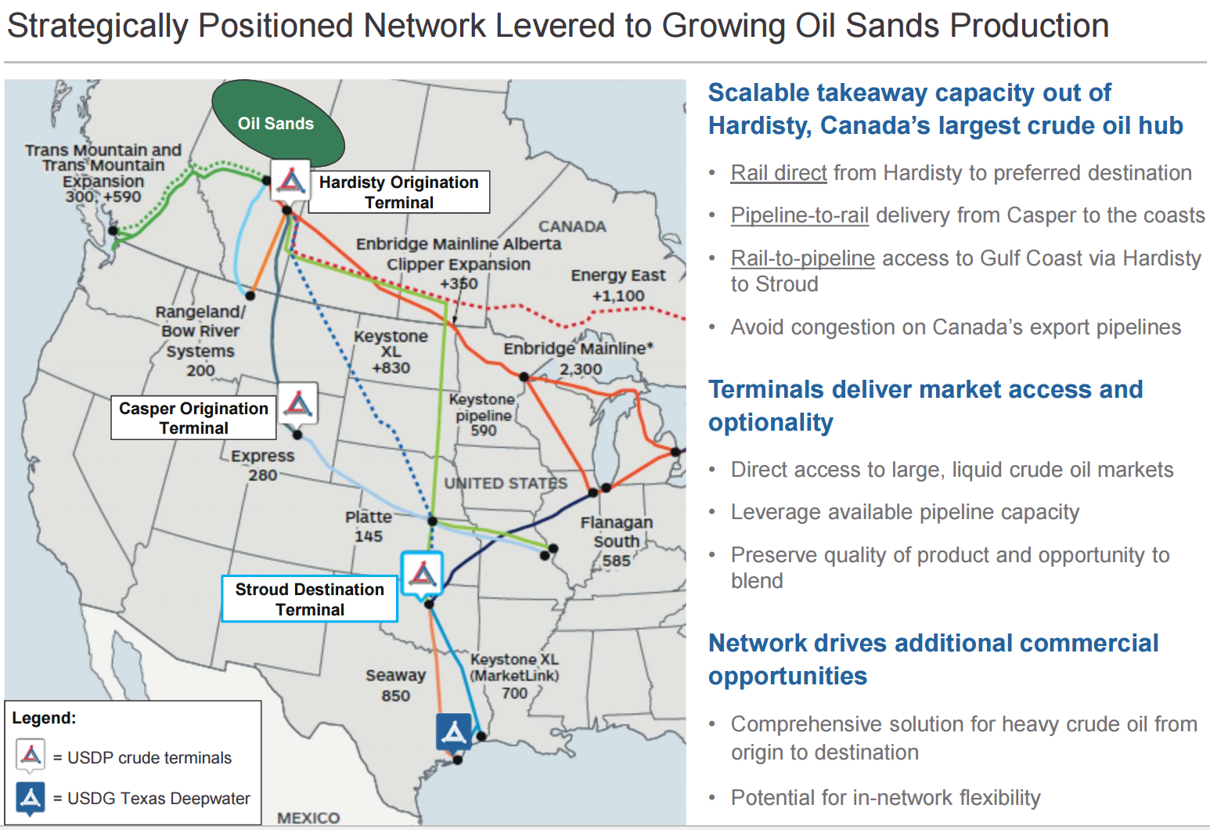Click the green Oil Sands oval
pos(278,123)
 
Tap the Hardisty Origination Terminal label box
pos(399,193)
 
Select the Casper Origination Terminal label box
pos(193,417)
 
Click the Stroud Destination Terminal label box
pos(309,599)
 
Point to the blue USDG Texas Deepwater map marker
pos(454,731)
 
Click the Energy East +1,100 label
pos(618,285)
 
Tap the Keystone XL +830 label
pos(391,352)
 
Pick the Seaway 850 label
pos(395,685)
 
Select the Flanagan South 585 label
pos(616,541)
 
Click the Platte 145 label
pos(369,526)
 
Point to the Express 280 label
pos(262,465)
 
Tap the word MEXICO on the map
pos(308,817)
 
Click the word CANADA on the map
pos(572,226)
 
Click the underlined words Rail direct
pos(779,174)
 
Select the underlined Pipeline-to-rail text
pos(799,215)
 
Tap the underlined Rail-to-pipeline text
pos(803,258)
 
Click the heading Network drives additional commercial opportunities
pos(934,659)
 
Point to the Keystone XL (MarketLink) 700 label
pos(515,676)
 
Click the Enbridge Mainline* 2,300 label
pos(578,359)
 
